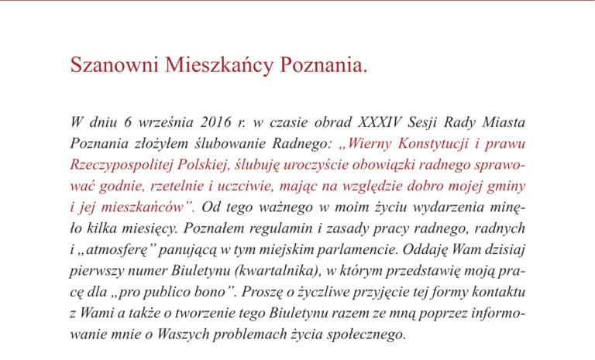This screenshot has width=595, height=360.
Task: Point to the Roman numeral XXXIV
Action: tap(387, 122)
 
